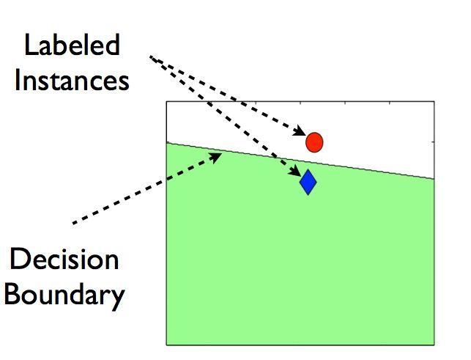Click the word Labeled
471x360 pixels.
pos(72,45)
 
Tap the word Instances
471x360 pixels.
pos(72,80)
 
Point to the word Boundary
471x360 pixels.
pos(64,295)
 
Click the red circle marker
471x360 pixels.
pos(314,142)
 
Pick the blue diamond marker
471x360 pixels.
pos(308,182)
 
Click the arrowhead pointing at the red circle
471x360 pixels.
pos(300,131)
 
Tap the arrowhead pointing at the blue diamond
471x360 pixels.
pos(295,171)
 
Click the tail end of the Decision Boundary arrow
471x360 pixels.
pos(73,224)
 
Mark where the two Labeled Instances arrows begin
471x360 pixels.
pos(150,56)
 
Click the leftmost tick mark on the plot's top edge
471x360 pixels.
pos(256,103)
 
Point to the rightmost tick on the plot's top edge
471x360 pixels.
pos(390,103)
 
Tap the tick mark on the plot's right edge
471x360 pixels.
pos(433,142)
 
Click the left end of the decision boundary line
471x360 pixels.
pos(167,142)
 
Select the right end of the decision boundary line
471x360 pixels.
pos(434,179)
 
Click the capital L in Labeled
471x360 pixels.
pos(30,45)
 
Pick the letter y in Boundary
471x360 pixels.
pos(118,298)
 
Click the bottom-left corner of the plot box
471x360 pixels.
pos(167,345)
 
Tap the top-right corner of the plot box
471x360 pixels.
pos(434,102)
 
